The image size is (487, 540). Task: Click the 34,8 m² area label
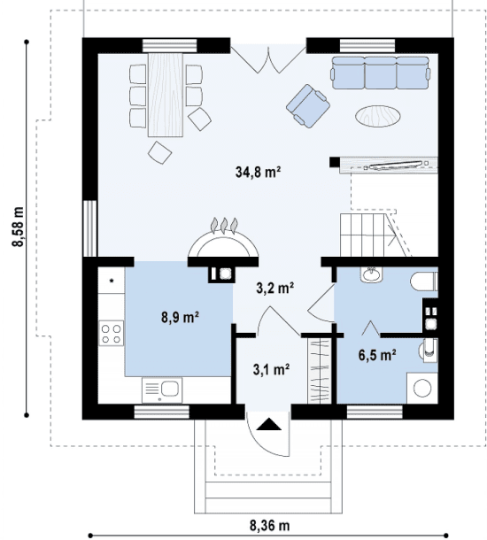pos(258,172)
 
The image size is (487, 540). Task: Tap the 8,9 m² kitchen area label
pos(180,317)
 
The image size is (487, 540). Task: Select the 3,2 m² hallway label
pos(274,288)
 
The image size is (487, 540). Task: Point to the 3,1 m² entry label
pos(271,369)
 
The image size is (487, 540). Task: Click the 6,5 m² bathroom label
pos(377,355)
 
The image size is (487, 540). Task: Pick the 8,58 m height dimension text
pos(18,227)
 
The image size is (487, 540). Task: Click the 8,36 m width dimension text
pos(270,526)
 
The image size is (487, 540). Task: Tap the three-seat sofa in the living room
pos(381,73)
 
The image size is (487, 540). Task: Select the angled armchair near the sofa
pos(308,106)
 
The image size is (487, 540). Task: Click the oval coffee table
pos(378,116)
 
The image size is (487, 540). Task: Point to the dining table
pos(166,95)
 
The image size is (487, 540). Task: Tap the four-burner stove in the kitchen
pos(112,333)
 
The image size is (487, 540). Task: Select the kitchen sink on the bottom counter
pos(162,390)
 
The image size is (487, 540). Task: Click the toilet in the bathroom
pos(424,282)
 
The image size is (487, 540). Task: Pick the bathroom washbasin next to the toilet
pos(371,274)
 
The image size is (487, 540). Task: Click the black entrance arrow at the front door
pos(269,424)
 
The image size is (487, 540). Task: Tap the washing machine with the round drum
pos(422,388)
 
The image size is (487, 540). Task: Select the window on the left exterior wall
pos(90,228)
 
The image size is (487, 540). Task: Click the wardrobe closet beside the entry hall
pos(320,371)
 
